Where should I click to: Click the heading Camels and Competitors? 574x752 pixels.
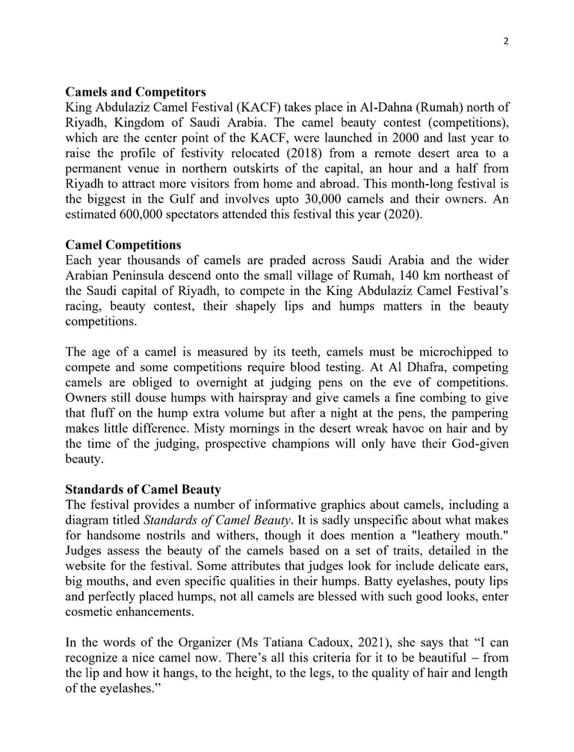pos(134,93)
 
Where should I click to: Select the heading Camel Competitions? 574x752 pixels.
pos(123,245)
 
